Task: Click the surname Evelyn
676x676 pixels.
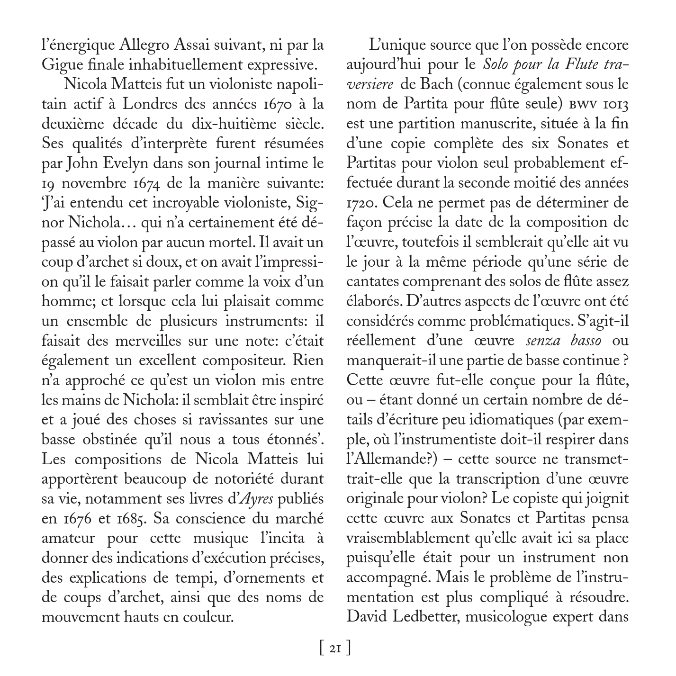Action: tap(137, 163)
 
